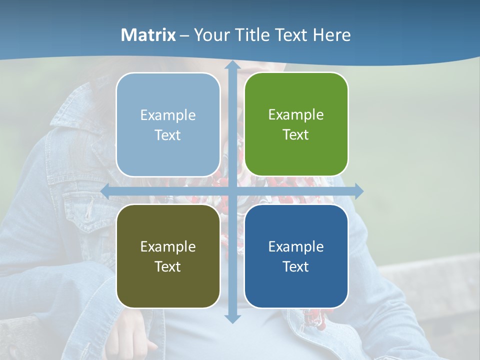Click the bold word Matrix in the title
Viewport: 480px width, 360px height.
click(148, 35)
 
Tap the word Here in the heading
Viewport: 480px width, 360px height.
click(331, 35)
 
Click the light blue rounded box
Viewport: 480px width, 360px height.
click(168, 124)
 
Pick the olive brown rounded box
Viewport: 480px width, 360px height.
click(168, 256)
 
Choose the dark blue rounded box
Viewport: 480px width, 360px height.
click(296, 256)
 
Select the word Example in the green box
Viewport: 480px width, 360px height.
click(296, 115)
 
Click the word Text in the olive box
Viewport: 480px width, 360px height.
click(168, 266)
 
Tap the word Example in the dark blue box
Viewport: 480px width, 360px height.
click(296, 246)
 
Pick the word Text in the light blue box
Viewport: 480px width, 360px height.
click(168, 135)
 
